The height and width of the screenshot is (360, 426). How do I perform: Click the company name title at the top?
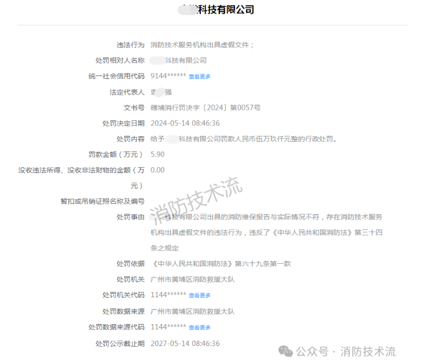tap(216, 10)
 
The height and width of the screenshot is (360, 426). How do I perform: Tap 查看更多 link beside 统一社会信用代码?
tap(200, 77)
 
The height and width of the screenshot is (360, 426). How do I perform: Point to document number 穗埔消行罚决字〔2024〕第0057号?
tap(205, 107)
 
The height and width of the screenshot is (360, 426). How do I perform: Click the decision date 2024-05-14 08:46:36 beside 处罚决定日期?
tap(185, 123)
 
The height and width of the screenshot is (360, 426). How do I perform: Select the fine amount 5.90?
tap(157, 154)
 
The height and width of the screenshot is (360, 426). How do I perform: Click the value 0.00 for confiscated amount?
tap(157, 170)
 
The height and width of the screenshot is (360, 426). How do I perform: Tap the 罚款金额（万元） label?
tap(116, 154)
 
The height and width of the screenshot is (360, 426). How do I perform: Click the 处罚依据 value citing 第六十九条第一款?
tap(220, 264)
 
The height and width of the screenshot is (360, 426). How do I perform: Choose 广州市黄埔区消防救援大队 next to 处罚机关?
tap(192, 279)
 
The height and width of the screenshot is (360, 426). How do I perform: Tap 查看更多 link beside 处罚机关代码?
tap(200, 296)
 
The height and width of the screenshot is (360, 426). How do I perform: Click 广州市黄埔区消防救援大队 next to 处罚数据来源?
tap(192, 311)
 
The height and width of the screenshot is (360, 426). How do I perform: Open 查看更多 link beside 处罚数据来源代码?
tap(200, 327)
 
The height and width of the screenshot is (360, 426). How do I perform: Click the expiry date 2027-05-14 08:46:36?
tap(185, 343)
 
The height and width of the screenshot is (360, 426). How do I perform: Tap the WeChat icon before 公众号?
tap(285, 351)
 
